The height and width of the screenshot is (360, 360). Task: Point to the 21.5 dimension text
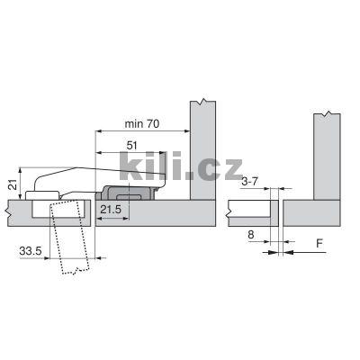pyautogui.click(x=112, y=209)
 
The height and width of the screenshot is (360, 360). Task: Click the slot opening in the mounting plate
pyautogui.click(x=131, y=191)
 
